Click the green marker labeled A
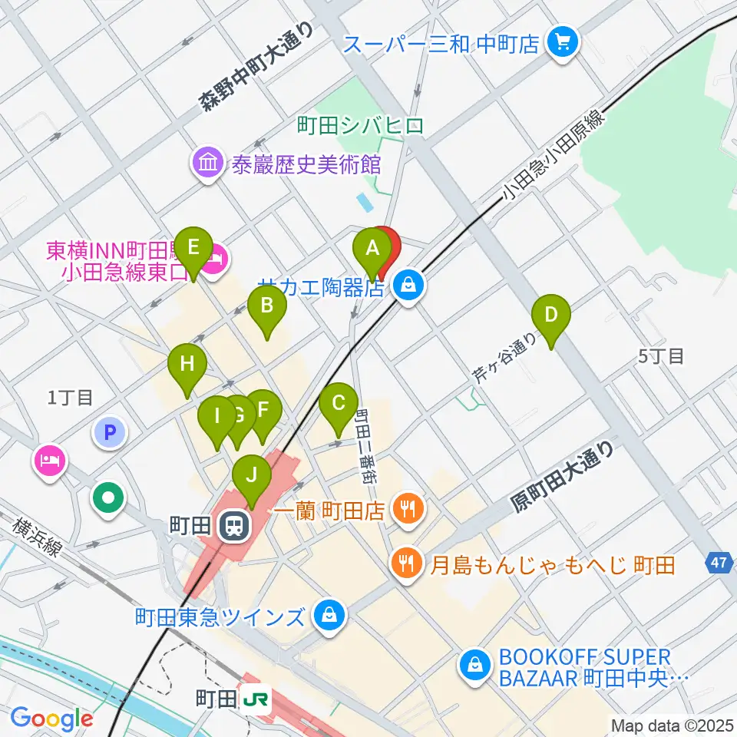coord(372,250)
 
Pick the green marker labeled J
coord(252,475)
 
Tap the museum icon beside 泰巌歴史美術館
coord(207,163)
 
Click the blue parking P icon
coord(110,433)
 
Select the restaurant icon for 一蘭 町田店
coord(408,508)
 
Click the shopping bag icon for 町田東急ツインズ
coord(329,616)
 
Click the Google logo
coord(51,719)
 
